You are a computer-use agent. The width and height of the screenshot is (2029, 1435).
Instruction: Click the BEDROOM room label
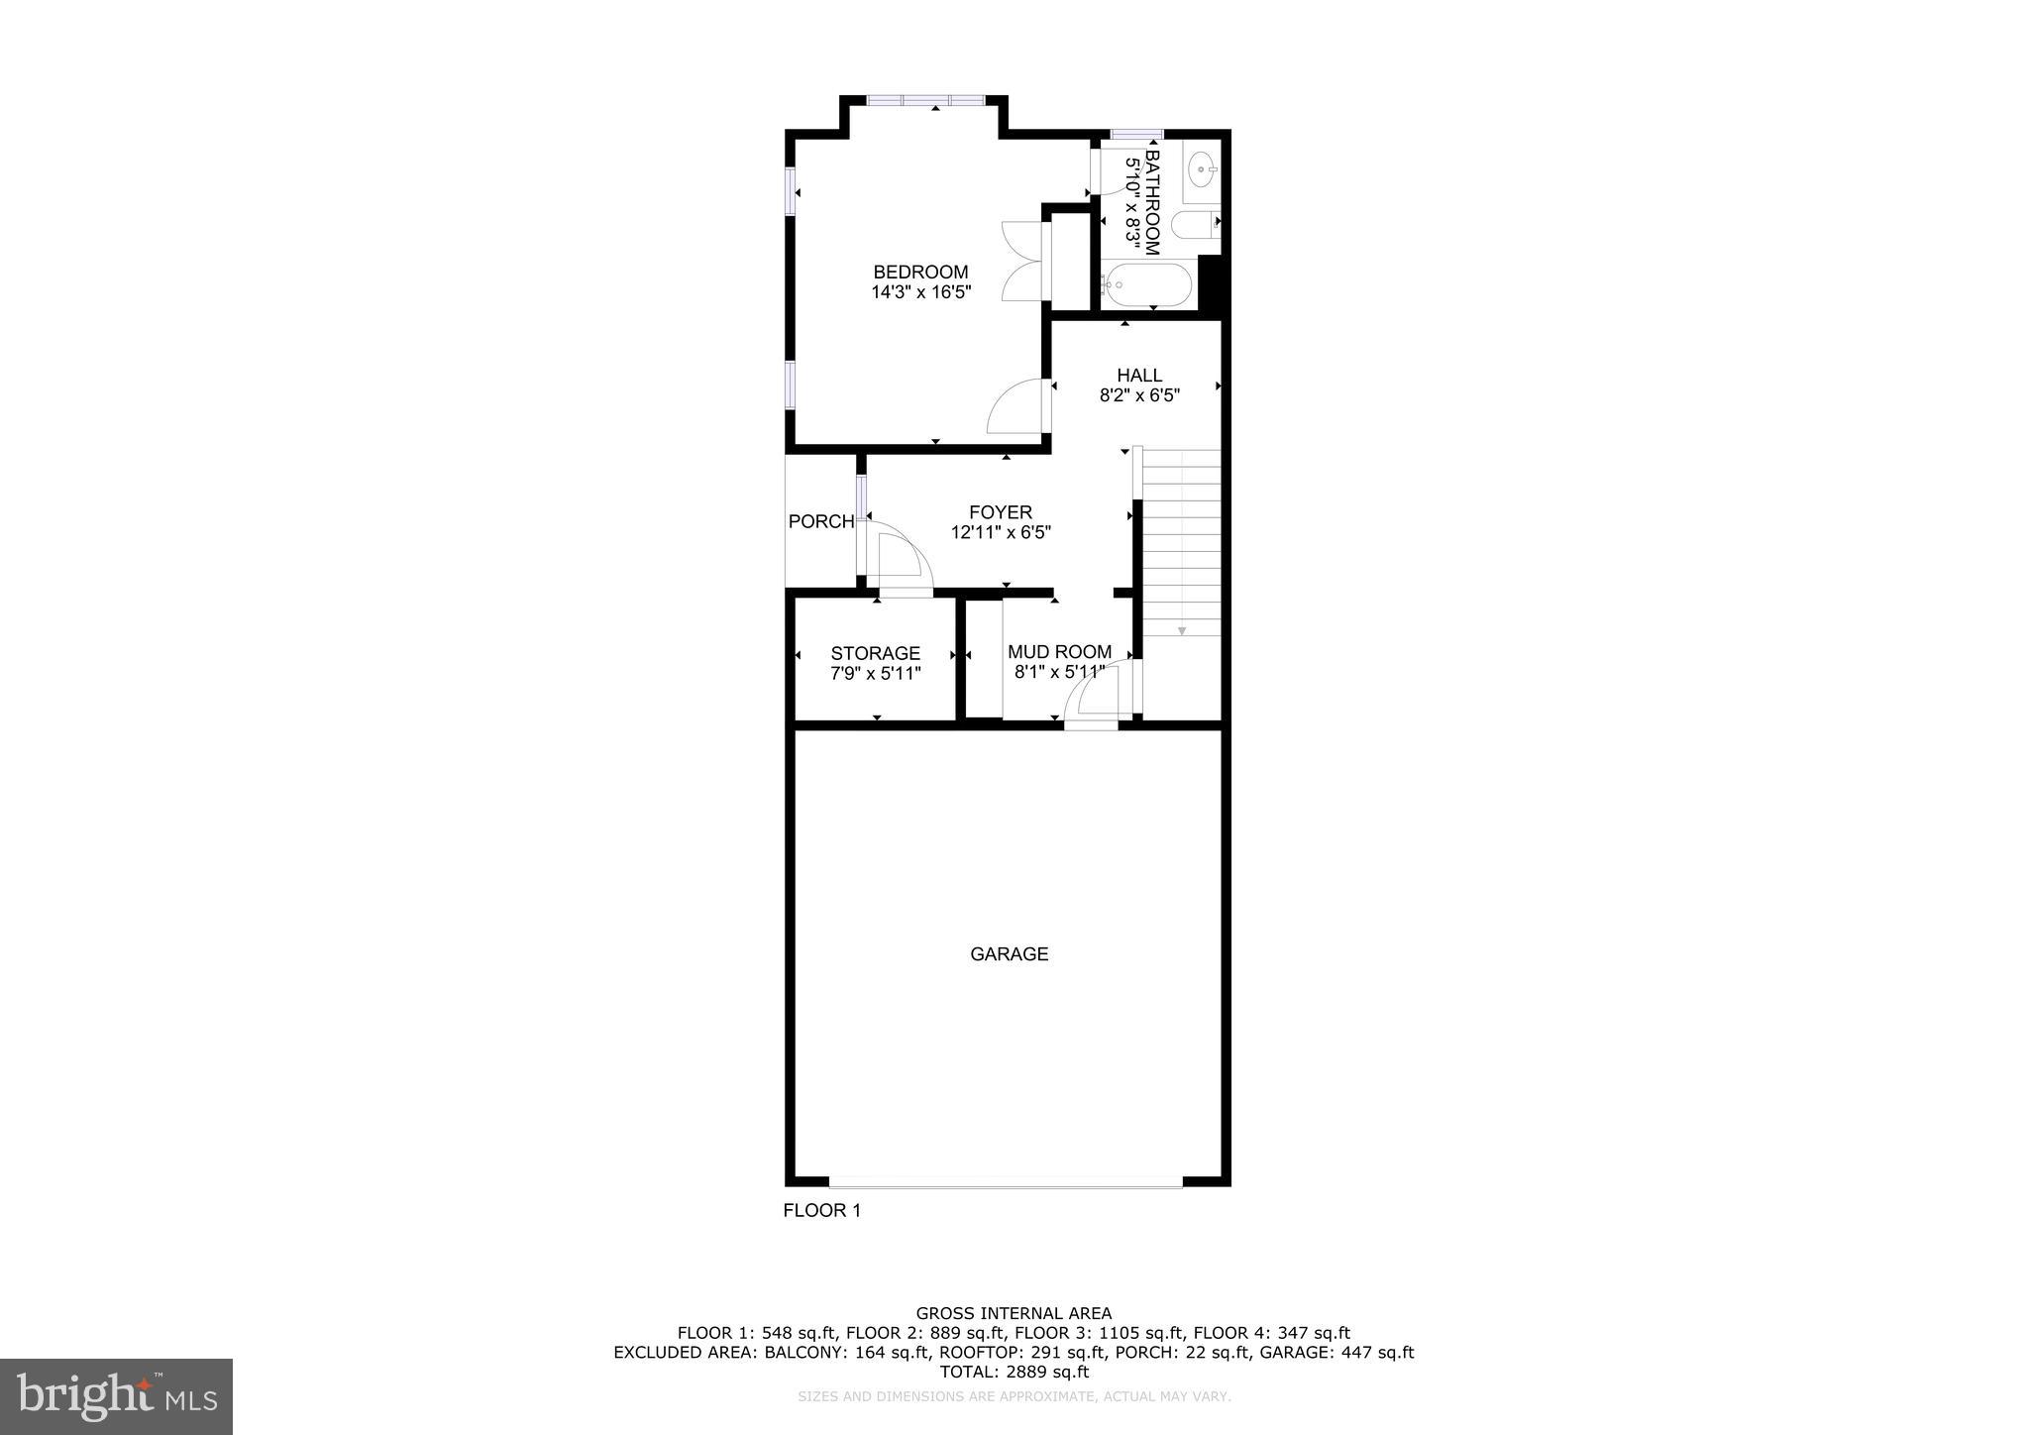(x=920, y=273)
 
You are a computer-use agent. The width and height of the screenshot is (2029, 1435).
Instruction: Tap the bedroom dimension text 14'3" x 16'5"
(x=920, y=292)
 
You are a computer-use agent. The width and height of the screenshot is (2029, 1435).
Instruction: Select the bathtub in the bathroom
(x=1147, y=285)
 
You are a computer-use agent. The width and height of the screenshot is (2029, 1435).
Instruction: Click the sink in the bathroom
(x=1203, y=170)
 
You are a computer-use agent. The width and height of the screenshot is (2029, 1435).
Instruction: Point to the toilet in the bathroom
(x=1195, y=225)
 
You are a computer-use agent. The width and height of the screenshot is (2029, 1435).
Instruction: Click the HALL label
(x=1139, y=376)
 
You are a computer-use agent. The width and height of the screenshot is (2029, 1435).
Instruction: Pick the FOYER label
(x=1001, y=512)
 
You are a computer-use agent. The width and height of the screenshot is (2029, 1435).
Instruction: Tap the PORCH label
(x=820, y=521)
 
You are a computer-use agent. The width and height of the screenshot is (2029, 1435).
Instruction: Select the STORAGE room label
(x=875, y=653)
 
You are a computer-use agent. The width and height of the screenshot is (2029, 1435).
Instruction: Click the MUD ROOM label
(x=1059, y=652)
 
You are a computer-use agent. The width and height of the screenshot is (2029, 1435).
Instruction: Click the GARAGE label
(x=1009, y=954)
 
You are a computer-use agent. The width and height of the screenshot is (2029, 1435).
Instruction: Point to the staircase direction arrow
(x=1182, y=630)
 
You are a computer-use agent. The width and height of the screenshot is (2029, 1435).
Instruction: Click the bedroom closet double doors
(x=1020, y=261)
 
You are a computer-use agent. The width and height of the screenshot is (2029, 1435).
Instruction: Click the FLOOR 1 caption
(x=822, y=1210)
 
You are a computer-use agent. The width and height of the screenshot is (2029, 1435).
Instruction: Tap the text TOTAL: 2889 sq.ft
(x=1014, y=1372)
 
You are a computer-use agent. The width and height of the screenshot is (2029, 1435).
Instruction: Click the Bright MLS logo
(x=116, y=1396)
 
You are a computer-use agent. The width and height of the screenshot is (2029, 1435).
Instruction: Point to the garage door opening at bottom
(x=1006, y=1181)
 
